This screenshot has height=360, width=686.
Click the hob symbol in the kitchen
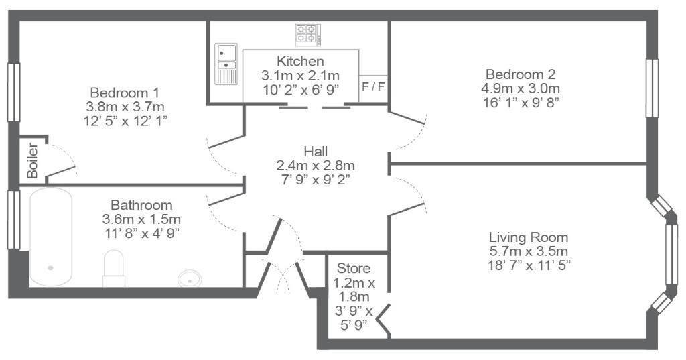click(308, 35)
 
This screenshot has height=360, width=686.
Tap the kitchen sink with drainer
click(226, 64)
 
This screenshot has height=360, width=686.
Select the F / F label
click(373, 86)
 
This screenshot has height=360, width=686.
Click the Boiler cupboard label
click(32, 160)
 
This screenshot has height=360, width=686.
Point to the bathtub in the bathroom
click(51, 237)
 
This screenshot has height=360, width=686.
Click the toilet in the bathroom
click(114, 268)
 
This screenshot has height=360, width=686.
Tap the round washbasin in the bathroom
click(190, 278)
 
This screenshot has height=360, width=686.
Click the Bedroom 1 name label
click(125, 93)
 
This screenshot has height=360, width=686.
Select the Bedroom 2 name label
click(521, 74)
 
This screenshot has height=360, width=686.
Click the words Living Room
click(529, 237)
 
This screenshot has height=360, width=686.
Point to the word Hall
click(316, 152)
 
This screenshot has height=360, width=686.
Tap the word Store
click(354, 268)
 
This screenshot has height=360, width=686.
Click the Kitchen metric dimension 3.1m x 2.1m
click(301, 75)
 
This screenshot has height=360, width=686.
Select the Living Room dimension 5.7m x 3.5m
click(529, 251)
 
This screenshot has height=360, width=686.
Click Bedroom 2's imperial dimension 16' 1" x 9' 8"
click(521, 102)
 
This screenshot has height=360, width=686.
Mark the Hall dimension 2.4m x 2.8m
click(316, 166)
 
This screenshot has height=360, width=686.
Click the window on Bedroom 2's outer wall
click(652, 88)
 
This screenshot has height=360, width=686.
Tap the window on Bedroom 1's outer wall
click(14, 92)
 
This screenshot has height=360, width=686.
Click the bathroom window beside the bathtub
click(14, 219)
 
